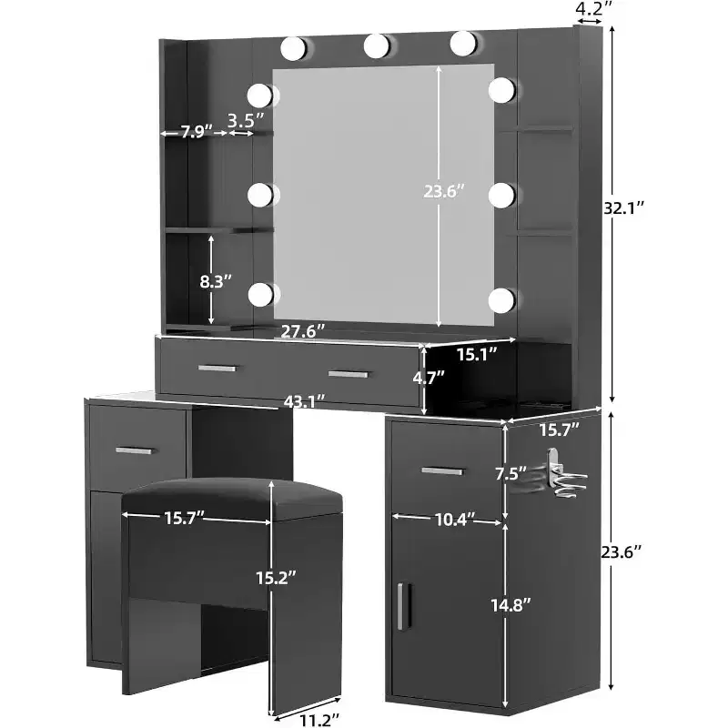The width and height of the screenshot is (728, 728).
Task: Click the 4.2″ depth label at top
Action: (594, 8)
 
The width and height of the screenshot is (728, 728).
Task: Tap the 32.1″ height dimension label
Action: (624, 208)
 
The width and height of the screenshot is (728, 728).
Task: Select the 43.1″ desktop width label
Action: (304, 401)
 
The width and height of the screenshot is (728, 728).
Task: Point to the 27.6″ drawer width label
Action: (303, 331)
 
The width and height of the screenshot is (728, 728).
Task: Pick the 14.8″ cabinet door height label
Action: (511, 605)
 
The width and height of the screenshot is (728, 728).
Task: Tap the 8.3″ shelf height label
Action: (216, 281)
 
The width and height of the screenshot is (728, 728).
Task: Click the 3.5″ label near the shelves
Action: (246, 120)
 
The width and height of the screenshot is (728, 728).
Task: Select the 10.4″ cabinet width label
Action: (456, 519)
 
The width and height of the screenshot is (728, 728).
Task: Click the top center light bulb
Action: (376, 45)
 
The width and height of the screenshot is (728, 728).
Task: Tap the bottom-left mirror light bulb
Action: (260, 294)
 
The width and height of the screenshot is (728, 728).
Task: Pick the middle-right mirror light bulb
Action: (501, 195)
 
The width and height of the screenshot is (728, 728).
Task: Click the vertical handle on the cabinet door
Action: (400, 606)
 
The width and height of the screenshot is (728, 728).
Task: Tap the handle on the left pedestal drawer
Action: (134, 450)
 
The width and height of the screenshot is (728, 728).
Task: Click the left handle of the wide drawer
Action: (217, 369)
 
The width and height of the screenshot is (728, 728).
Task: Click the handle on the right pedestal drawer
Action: (442, 471)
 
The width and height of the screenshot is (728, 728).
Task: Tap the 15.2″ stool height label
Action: (277, 578)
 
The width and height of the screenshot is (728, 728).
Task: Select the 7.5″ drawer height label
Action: (511, 473)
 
